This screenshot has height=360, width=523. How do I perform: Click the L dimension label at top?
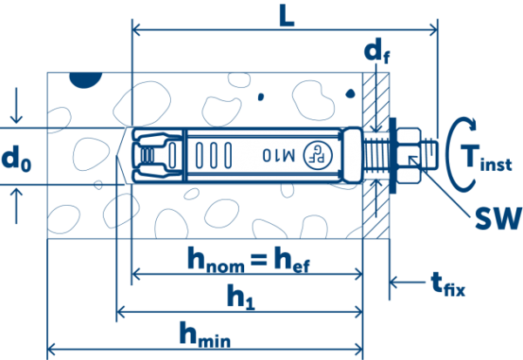tap(282, 17)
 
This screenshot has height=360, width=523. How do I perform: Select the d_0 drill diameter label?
tap(17, 159)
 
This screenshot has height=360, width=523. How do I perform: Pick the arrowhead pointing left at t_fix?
tap(395, 282)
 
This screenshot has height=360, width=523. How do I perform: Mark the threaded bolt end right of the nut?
tap(430, 155)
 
